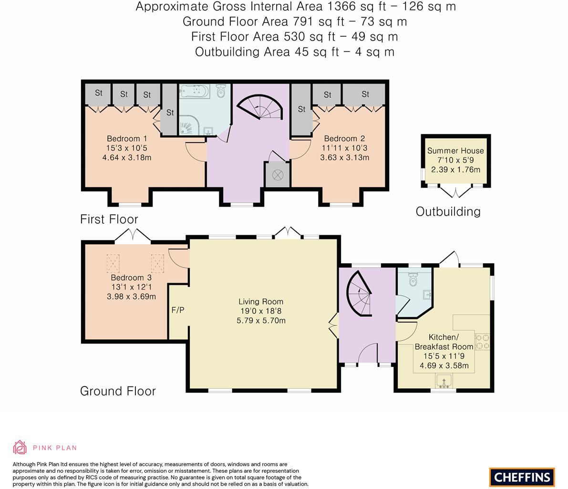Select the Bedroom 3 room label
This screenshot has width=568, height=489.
click(x=131, y=278)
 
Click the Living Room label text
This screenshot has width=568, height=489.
click(x=261, y=302)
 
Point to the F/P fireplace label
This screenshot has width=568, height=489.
click(x=178, y=310)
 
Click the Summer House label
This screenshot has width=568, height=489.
click(x=455, y=151)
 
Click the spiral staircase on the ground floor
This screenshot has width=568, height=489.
click(x=359, y=291)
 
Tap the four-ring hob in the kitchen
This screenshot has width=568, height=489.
click(x=483, y=342)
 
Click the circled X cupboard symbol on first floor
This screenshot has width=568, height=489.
click(x=278, y=175)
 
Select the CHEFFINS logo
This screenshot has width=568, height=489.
click(x=522, y=477)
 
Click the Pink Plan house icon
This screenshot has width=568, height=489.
click(x=20, y=447)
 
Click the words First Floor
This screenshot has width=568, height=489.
click(x=109, y=219)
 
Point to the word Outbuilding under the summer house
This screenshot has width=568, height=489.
click(x=448, y=211)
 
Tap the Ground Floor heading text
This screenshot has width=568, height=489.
click(x=118, y=391)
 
